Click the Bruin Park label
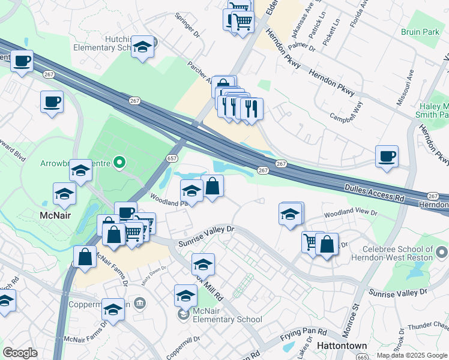(420, 31)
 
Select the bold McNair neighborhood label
(56, 214)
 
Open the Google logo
(20, 353)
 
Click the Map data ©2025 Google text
(411, 355)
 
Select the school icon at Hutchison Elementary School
(143, 47)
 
